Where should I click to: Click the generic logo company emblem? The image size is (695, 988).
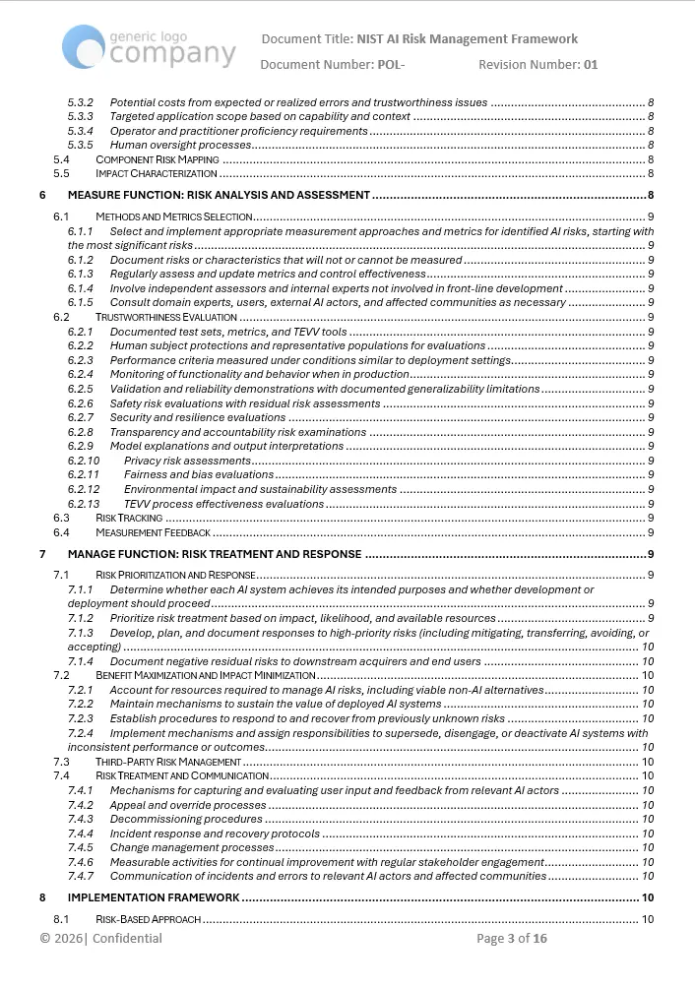(x=149, y=46)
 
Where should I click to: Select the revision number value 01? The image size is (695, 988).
(x=590, y=65)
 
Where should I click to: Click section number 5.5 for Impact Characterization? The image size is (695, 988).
(x=61, y=173)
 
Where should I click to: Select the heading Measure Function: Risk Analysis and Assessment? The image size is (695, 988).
(x=219, y=195)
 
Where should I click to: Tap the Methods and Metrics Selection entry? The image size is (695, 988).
(x=174, y=216)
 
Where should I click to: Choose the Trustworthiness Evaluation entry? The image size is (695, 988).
(x=165, y=317)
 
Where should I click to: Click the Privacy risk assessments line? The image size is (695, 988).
(x=187, y=461)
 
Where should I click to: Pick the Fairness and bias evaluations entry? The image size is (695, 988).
(x=191, y=475)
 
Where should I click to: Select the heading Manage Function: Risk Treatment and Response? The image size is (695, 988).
(x=215, y=554)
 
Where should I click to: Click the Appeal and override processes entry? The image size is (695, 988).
(x=188, y=805)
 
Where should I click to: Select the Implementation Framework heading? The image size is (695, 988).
(x=154, y=897)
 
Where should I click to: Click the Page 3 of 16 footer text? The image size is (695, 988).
(x=511, y=939)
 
